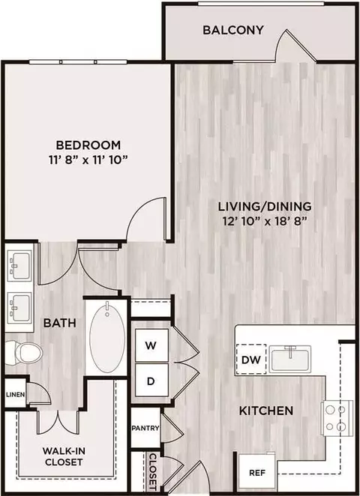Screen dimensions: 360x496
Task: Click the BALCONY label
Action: [x=233, y=30]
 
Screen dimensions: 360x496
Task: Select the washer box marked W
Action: [x=151, y=345]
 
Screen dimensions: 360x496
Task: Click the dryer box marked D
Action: [x=151, y=381]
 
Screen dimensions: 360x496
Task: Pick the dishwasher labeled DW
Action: [x=251, y=360]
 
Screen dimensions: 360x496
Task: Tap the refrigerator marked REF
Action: [x=256, y=474]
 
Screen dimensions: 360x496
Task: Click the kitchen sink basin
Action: [x=290, y=359]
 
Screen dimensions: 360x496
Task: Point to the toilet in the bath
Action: [x=24, y=354]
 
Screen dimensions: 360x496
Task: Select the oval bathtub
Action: [x=107, y=337]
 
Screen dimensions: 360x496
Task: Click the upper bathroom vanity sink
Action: [x=19, y=266]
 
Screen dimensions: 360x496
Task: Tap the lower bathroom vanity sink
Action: [x=19, y=308]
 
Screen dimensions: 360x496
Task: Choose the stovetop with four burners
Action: [x=337, y=418]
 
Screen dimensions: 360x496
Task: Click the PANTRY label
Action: [x=145, y=429]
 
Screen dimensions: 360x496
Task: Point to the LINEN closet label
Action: [x=15, y=394]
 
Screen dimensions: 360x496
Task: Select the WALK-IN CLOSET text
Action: [x=64, y=456]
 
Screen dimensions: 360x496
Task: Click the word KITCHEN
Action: [x=266, y=411]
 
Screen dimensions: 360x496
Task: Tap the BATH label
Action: [x=60, y=323]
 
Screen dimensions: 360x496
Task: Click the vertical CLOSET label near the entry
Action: [x=153, y=472]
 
